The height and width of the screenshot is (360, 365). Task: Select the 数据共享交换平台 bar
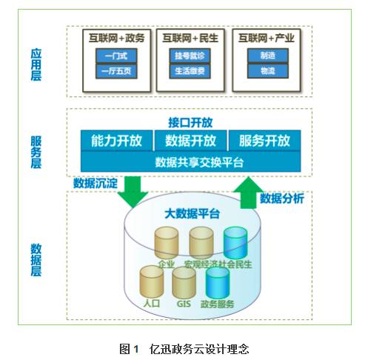pyautogui.click(x=190, y=161)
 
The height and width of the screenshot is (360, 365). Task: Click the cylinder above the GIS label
pyautogui.click(x=184, y=281)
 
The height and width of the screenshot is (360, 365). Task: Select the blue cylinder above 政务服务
pyautogui.click(x=218, y=281)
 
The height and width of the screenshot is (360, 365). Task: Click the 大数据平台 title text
pyautogui.click(x=191, y=214)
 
